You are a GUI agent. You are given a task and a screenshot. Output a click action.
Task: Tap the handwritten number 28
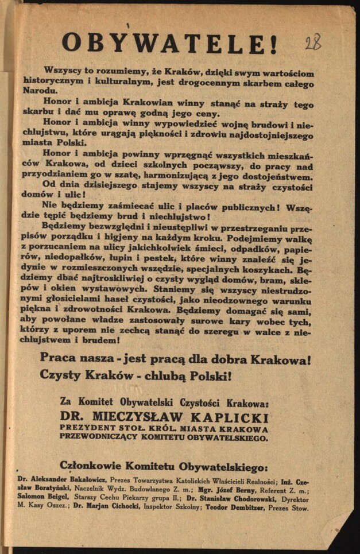tap(313, 42)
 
